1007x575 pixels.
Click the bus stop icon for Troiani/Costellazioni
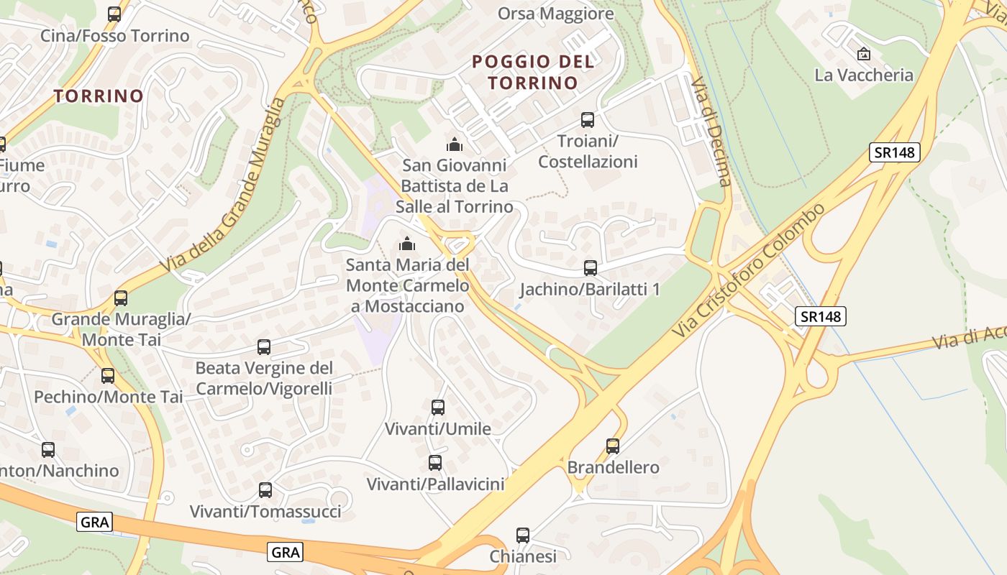pyautogui.click(x=588, y=120)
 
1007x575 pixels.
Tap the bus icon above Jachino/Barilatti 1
pyautogui.click(x=591, y=268)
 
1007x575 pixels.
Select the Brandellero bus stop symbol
pyautogui.click(x=613, y=446)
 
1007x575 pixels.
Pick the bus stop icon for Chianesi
pyautogui.click(x=523, y=535)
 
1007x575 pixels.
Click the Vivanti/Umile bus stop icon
pyautogui.click(x=438, y=408)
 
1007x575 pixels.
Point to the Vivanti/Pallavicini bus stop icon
pyautogui.click(x=435, y=463)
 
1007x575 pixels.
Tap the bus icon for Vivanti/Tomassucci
pyautogui.click(x=265, y=490)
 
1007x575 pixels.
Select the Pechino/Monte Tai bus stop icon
pyautogui.click(x=108, y=375)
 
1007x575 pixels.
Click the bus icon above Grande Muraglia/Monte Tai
pyautogui.click(x=121, y=298)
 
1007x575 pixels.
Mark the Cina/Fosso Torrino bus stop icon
pyautogui.click(x=114, y=14)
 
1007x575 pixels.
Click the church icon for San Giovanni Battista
pyautogui.click(x=454, y=144)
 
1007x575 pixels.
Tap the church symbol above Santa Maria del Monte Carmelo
pyautogui.click(x=407, y=244)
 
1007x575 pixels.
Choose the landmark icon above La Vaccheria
pyautogui.click(x=864, y=53)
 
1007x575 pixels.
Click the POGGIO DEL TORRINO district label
pyautogui.click(x=533, y=72)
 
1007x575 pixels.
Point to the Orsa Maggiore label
pyautogui.click(x=556, y=14)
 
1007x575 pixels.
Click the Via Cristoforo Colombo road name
pyautogui.click(x=749, y=271)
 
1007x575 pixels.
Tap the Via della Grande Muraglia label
pyautogui.click(x=223, y=185)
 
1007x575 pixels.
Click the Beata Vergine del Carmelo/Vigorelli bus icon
pyautogui.click(x=264, y=347)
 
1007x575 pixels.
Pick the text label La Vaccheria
pyautogui.click(x=864, y=75)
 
